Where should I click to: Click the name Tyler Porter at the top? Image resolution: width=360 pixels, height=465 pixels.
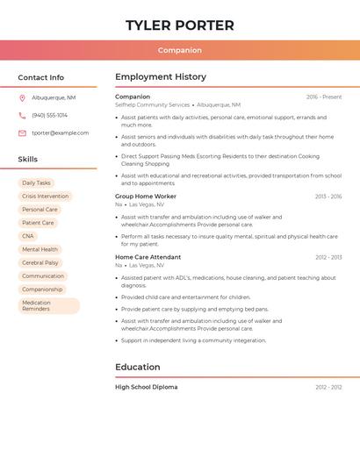coord(180,25)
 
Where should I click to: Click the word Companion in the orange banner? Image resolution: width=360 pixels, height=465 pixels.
coord(180,50)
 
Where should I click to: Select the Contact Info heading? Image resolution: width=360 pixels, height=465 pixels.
coord(41,77)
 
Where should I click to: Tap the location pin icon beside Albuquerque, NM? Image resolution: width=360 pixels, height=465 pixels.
coord(22,97)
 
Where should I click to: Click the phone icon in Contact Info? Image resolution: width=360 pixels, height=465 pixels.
coord(22,115)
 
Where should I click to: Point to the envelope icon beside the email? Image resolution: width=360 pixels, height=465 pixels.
coord(22,133)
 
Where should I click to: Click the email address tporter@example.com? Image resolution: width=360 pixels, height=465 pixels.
coord(61,133)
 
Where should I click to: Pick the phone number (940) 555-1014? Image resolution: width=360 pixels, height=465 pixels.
coord(50,115)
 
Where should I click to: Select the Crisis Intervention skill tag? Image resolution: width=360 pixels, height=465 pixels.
coord(45,197)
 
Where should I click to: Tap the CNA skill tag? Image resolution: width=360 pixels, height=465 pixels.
coord(28,236)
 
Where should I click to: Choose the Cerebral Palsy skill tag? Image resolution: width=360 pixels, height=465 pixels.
coord(40,262)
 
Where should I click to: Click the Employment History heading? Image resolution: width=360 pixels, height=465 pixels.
coord(161,77)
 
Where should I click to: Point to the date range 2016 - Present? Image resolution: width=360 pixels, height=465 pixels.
coord(324,97)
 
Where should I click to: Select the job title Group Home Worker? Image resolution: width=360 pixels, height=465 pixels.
coord(146,197)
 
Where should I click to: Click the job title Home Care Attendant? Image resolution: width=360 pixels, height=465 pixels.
coord(148,257)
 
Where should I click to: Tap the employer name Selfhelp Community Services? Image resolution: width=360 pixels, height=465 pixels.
coord(153,104)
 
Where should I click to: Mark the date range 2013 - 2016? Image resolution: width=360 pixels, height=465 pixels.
coord(328,197)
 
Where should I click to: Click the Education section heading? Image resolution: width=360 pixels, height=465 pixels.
coord(138,367)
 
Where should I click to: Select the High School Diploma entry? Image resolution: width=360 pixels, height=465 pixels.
coord(147,387)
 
